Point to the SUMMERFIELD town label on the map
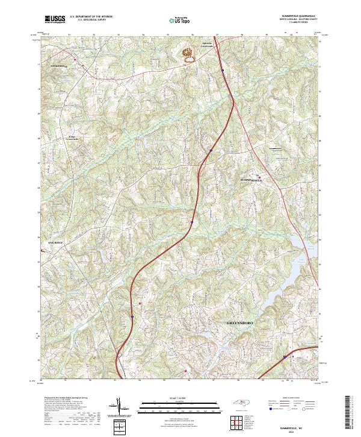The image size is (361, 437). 251,180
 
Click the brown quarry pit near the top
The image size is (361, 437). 188,54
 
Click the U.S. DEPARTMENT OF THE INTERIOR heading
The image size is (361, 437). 91,17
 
